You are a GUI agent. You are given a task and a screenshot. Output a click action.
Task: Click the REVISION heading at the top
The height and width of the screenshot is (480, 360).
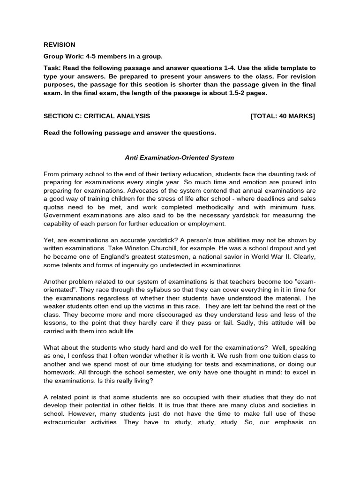(x=59, y=45)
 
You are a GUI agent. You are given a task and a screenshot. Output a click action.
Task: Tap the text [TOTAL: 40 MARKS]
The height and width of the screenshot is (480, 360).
(x=283, y=116)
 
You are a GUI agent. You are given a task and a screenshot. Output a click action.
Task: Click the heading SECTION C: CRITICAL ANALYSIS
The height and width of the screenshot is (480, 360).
(x=97, y=116)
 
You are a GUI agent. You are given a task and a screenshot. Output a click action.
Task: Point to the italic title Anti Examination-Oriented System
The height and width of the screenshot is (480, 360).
(x=180, y=157)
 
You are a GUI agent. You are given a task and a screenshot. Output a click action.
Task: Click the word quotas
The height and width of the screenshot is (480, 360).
(x=54, y=206)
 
